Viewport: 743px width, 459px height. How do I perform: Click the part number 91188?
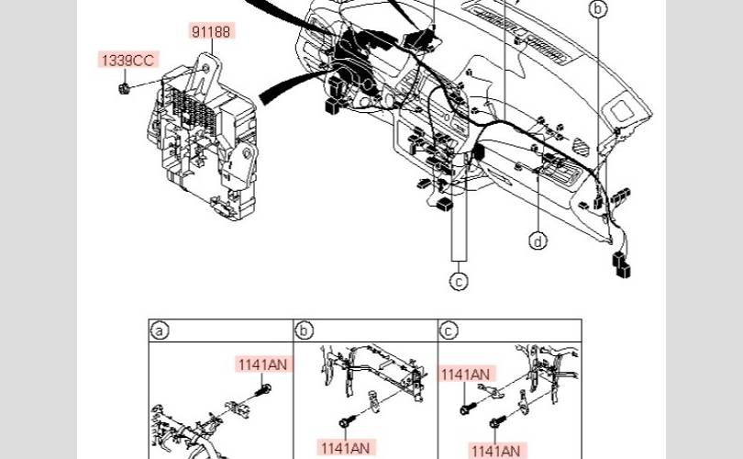click(x=212, y=31)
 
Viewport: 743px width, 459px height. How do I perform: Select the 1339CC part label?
click(x=128, y=61)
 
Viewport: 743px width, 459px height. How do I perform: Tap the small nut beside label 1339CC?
click(x=121, y=88)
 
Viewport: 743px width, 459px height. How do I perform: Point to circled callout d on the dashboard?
click(x=538, y=241)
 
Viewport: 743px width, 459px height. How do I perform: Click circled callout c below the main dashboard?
click(x=459, y=281)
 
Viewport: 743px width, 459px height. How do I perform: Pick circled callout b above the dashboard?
click(x=598, y=10)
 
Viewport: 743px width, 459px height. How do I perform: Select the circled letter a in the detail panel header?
click(x=160, y=330)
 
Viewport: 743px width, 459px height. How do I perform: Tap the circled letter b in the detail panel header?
click(x=305, y=330)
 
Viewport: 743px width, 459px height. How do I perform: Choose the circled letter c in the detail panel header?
click(x=449, y=330)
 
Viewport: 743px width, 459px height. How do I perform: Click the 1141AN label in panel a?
click(x=263, y=364)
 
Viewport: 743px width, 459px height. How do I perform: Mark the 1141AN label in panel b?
click(x=345, y=447)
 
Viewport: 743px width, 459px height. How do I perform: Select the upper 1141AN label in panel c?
click(x=466, y=374)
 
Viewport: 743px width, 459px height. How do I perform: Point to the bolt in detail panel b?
click(x=345, y=421)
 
